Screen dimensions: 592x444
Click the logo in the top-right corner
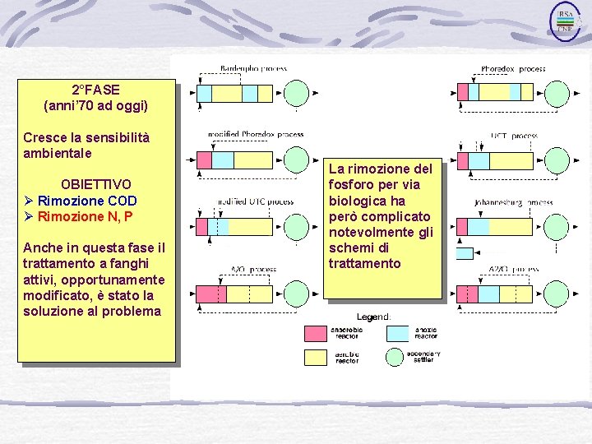565,21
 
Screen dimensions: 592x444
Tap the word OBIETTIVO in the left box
95,184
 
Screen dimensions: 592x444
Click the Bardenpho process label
253,68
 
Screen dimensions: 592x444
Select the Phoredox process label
513,69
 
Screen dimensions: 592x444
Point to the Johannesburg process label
513,202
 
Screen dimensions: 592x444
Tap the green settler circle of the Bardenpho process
296,92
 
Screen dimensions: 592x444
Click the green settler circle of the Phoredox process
559,92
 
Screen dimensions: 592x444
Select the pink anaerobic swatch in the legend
316,333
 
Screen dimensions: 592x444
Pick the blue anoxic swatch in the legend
398,333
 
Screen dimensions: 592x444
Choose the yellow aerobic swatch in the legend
316,357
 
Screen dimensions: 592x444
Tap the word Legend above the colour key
373,317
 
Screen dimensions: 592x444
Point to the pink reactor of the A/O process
206,294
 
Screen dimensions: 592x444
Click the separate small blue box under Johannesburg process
465,253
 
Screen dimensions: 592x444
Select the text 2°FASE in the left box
95,90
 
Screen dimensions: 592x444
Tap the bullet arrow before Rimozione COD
29,201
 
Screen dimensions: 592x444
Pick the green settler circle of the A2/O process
559,294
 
